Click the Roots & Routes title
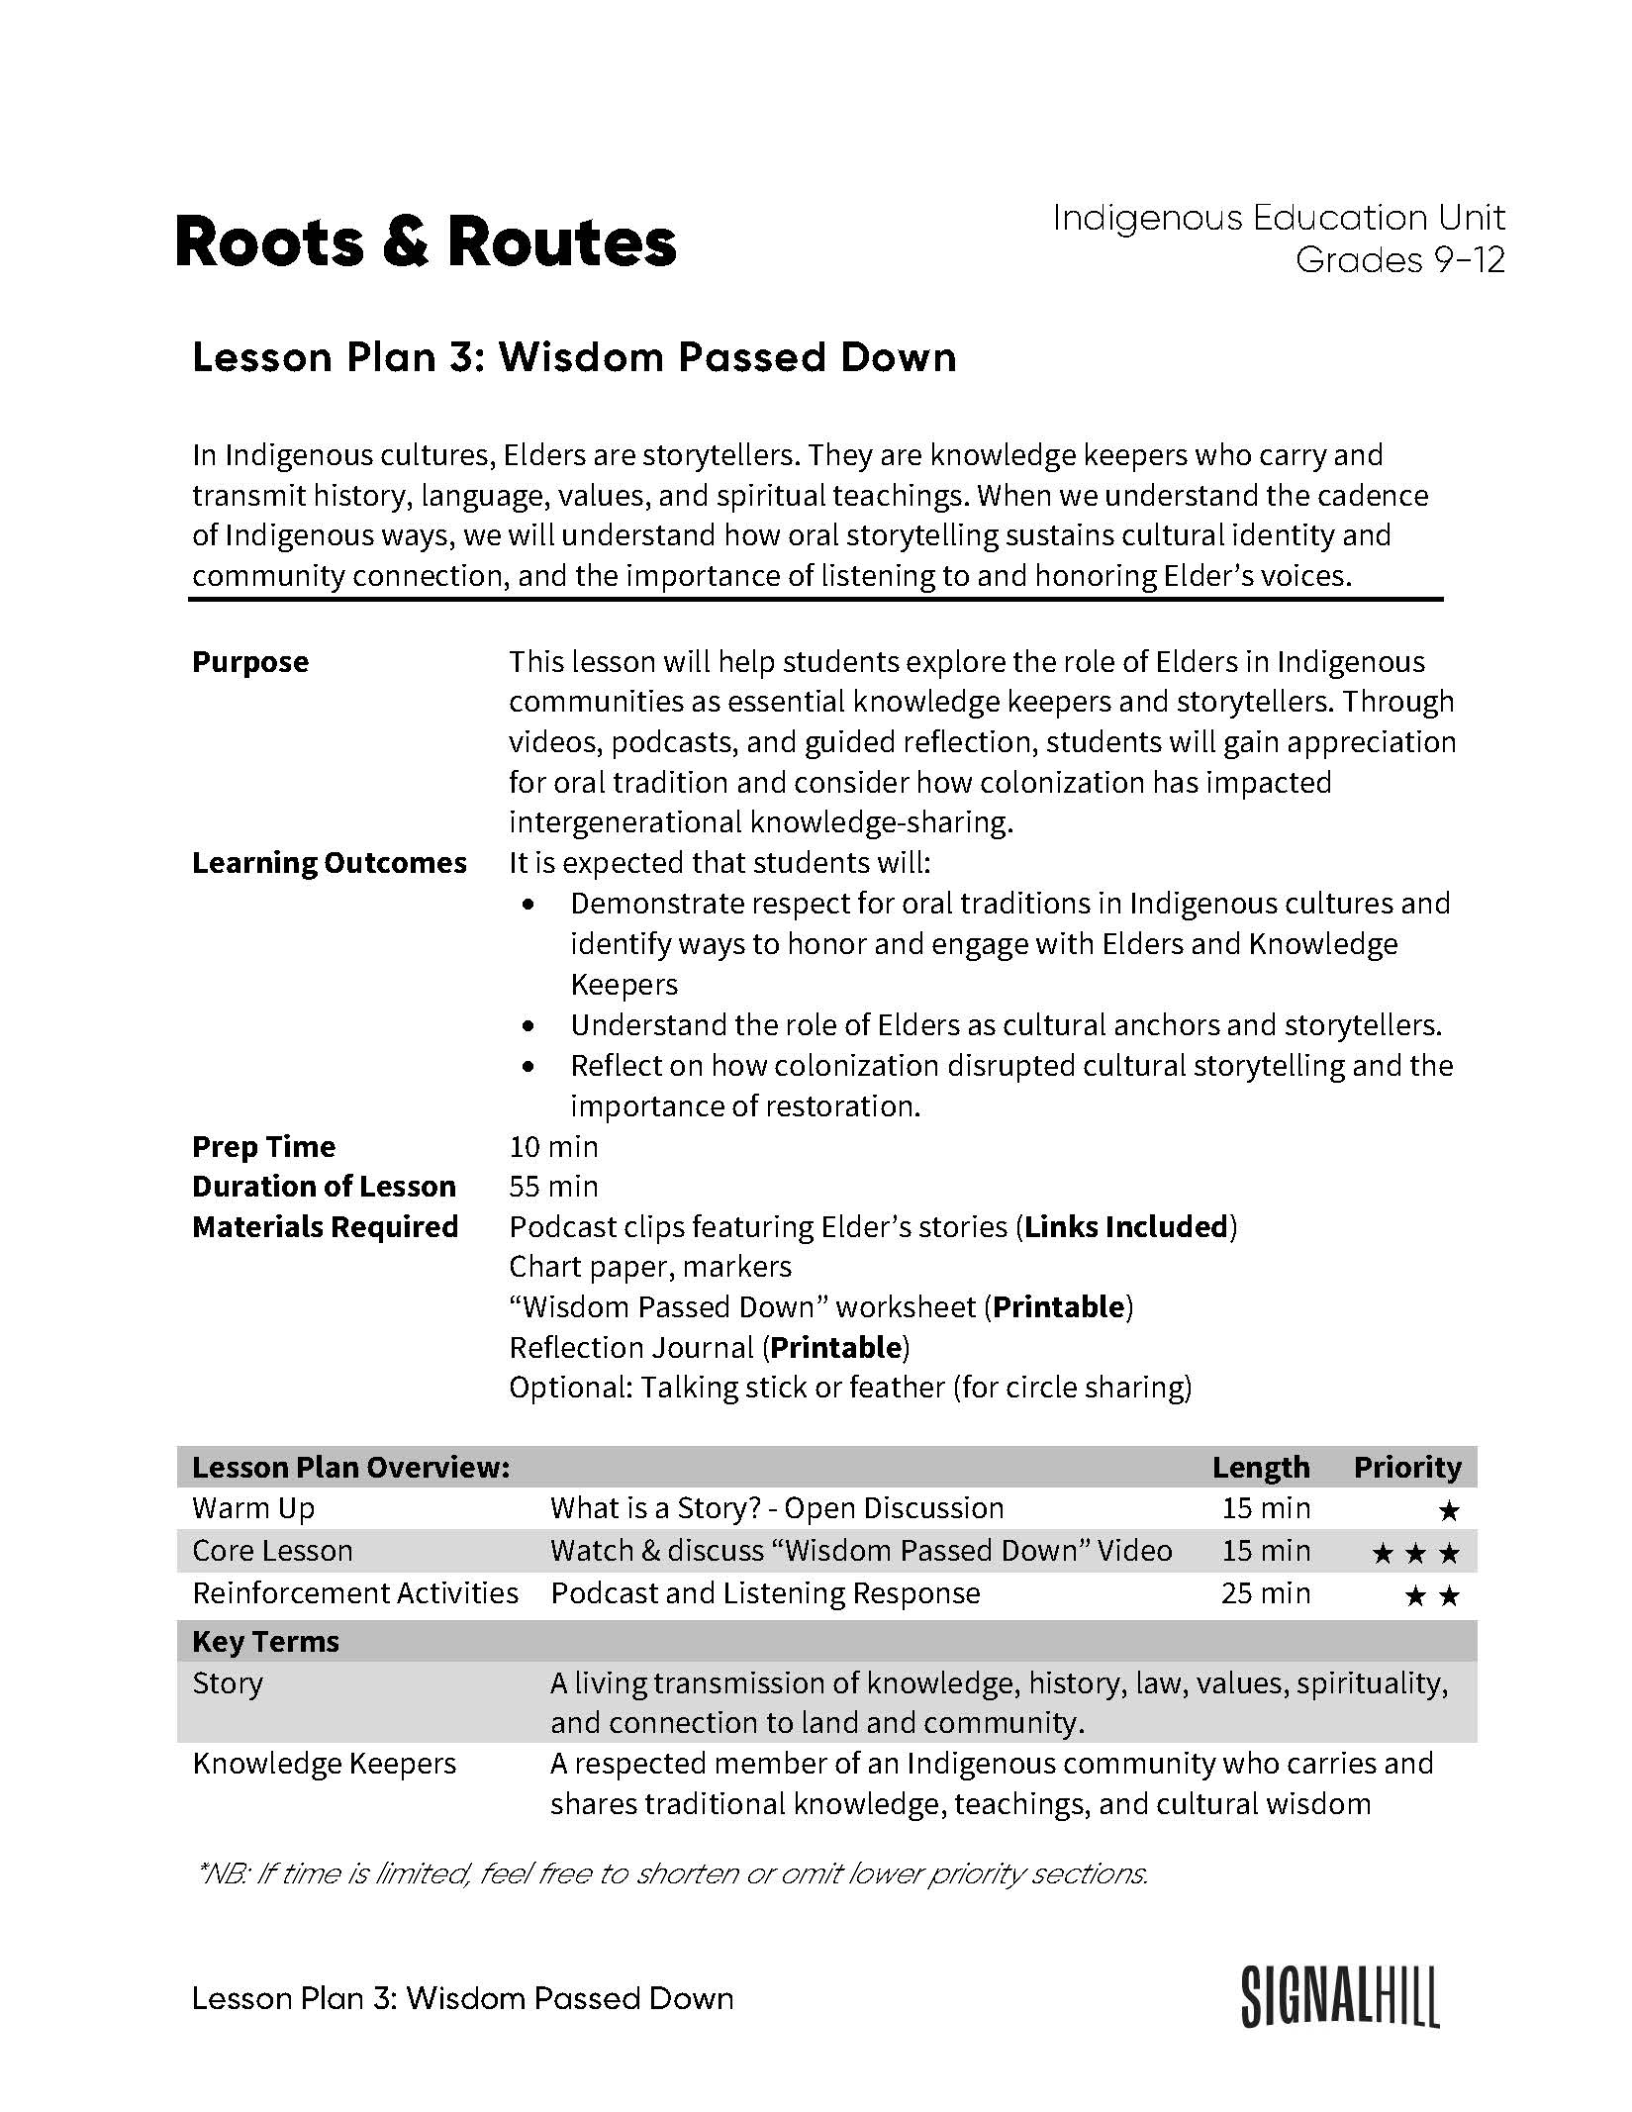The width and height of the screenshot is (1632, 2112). (x=426, y=242)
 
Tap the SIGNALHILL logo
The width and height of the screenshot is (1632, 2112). (x=1340, y=1997)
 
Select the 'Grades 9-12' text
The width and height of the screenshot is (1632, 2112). (x=1399, y=260)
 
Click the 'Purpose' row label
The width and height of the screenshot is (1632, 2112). (x=250, y=662)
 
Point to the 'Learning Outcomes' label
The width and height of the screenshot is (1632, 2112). (x=329, y=863)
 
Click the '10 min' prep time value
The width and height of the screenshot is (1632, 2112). (x=553, y=1147)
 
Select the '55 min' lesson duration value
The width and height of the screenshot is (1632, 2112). (x=553, y=1187)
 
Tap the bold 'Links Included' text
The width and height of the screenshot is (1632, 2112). (x=1126, y=1227)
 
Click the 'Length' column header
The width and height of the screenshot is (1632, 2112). (x=1260, y=1468)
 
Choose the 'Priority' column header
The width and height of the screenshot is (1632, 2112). (x=1406, y=1468)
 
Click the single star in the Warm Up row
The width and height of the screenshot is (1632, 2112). (x=1448, y=1511)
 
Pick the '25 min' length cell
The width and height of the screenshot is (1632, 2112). (x=1265, y=1593)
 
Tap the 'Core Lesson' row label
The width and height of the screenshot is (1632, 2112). (x=272, y=1551)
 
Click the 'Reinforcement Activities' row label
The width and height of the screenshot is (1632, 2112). (x=355, y=1593)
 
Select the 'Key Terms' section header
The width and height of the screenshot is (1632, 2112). (x=265, y=1642)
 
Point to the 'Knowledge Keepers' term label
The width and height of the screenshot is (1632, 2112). (x=324, y=1764)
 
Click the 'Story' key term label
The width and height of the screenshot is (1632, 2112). (x=228, y=1683)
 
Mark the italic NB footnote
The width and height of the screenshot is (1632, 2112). (x=673, y=1873)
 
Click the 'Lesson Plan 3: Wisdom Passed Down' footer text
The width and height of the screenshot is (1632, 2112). (x=462, y=1999)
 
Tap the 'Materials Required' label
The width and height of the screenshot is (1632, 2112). (x=325, y=1227)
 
